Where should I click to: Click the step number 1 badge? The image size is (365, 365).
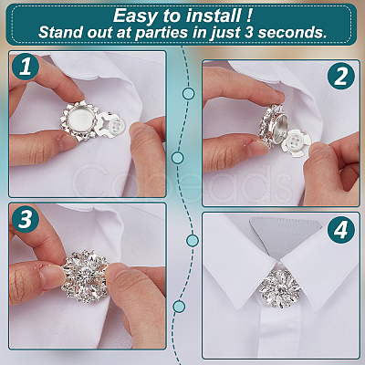[26, 67]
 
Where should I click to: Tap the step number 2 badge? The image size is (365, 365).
[341, 76]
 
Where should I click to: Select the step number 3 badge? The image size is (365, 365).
[26, 219]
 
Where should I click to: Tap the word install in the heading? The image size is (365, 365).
[214, 16]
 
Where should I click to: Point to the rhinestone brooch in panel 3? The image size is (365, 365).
[85, 276]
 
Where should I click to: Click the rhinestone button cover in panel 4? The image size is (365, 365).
[280, 288]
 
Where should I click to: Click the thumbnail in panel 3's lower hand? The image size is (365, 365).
[52, 276]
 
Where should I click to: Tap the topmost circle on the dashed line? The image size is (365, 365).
[189, 93]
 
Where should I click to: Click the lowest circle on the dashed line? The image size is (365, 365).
[179, 307]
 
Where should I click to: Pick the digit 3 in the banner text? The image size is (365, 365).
[249, 32]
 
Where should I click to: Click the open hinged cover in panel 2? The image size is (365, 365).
[272, 126]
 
